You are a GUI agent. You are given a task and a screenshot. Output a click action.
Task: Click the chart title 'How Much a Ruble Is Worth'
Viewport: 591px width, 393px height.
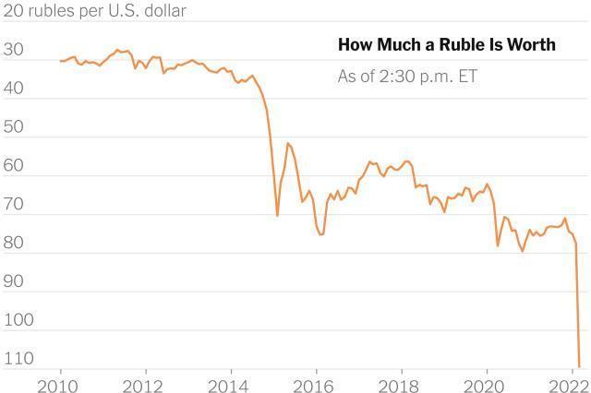(447, 45)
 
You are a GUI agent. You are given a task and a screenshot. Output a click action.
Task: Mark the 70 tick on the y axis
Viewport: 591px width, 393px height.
(15, 205)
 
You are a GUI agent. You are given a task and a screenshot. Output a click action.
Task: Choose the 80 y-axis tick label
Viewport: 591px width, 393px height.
(15, 244)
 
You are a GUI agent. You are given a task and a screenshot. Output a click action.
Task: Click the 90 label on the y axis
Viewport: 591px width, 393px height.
(15, 282)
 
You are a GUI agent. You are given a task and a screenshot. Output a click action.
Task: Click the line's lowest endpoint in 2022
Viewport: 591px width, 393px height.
(579, 366)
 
